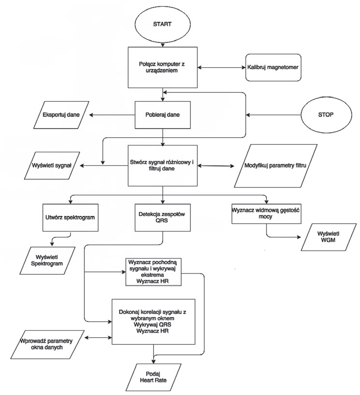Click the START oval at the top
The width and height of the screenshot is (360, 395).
(163, 23)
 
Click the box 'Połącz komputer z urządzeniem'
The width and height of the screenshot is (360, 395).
(163, 67)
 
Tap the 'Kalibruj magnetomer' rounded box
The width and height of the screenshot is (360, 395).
(274, 67)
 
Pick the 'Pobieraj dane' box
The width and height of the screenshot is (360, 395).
(163, 115)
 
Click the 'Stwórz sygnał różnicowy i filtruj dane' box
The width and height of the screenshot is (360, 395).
(163, 166)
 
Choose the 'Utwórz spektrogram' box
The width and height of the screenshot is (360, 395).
(71, 217)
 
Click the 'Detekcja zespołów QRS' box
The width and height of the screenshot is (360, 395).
(163, 217)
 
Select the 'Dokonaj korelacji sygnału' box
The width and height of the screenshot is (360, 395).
(153, 321)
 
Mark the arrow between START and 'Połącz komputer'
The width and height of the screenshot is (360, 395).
(163, 42)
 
